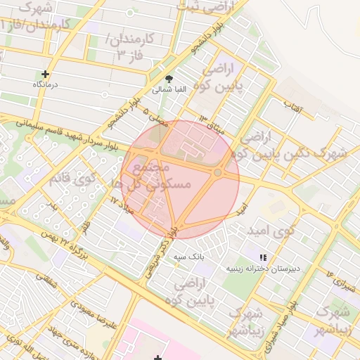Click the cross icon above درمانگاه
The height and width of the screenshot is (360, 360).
click(46, 74)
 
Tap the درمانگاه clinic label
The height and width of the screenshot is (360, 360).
click(46, 84)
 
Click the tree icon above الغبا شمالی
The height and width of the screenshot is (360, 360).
click(168, 79)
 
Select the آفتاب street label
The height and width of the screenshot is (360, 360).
click(290, 105)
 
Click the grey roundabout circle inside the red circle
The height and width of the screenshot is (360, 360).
click(219, 172)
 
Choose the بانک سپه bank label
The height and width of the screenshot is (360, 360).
click(189, 257)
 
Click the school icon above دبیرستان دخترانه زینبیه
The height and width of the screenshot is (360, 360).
click(263, 258)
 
